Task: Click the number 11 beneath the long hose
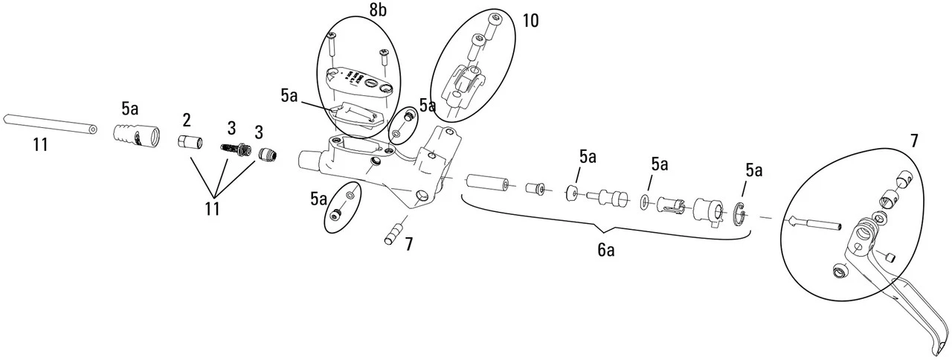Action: [41, 144]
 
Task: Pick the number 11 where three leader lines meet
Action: [212, 208]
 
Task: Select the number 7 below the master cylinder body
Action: [409, 243]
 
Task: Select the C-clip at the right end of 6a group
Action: [742, 212]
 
